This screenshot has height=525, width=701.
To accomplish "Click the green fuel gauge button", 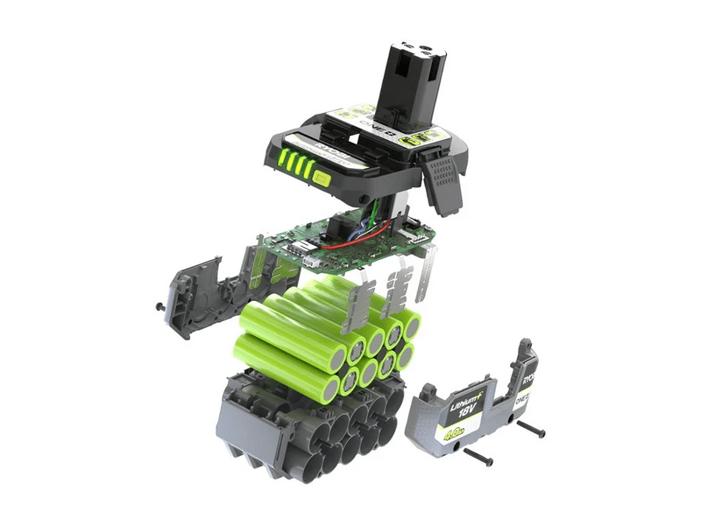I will tap(321, 180).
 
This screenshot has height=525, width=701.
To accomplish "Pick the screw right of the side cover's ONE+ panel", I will tap(530, 429).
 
